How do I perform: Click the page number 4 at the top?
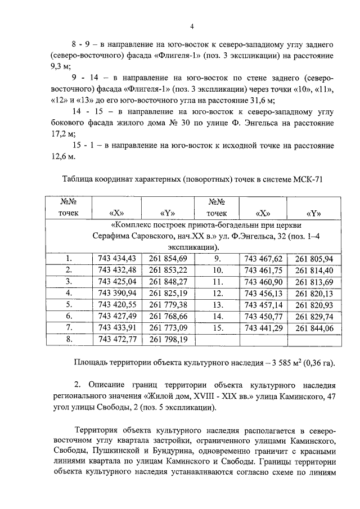(192, 26)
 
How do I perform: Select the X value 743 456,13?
(263, 293)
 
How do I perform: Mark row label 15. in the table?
(217, 328)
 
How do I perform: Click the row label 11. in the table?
(217, 281)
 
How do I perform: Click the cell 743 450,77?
(263, 316)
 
